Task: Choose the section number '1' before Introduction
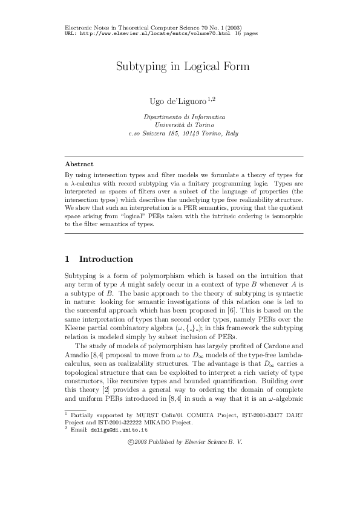pos(67,259)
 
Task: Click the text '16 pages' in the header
pos(246,34)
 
